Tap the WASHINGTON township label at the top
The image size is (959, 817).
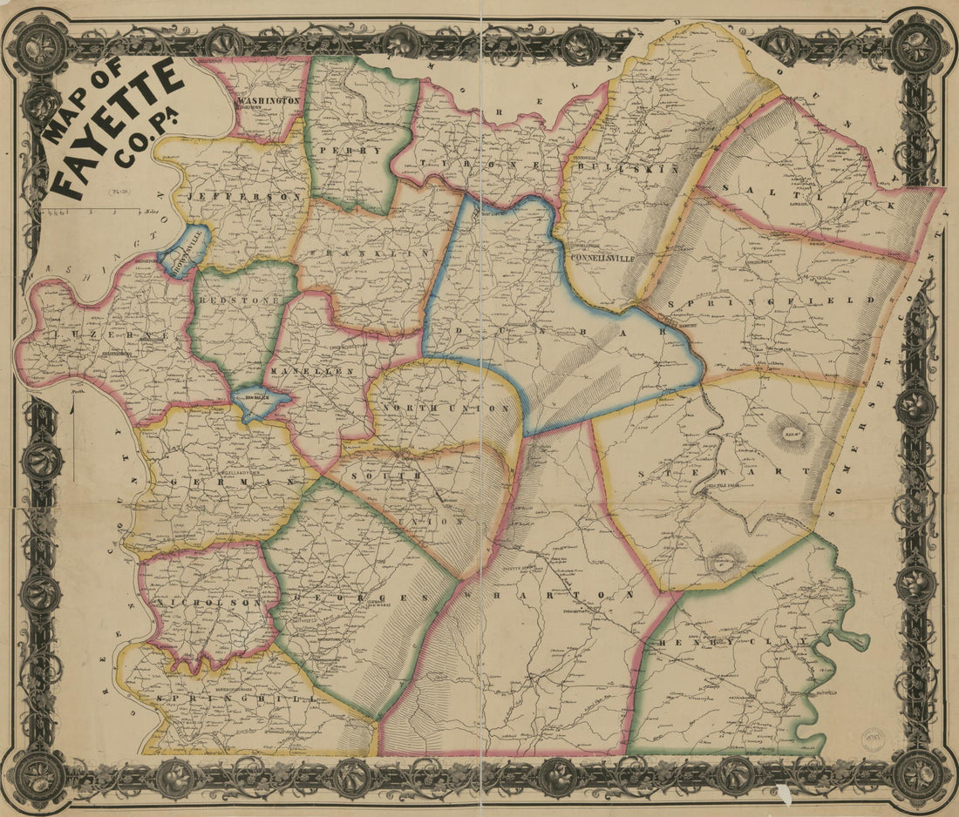click(268, 101)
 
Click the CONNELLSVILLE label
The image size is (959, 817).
click(600, 258)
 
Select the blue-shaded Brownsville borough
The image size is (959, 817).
click(184, 247)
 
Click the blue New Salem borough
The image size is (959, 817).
click(261, 402)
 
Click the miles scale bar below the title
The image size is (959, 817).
click(96, 211)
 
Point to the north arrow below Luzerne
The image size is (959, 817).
click(74, 436)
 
